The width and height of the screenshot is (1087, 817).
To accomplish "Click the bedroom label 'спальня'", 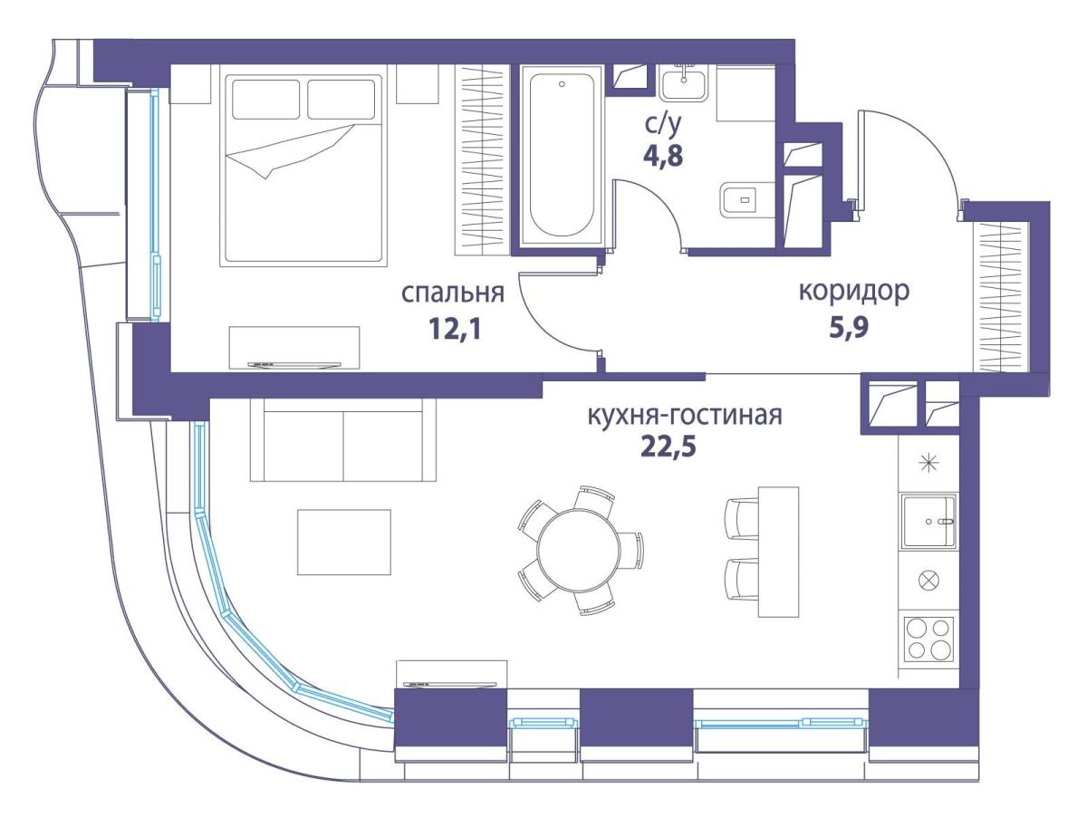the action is click(453, 293).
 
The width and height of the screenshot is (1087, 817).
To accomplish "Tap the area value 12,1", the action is click(455, 330).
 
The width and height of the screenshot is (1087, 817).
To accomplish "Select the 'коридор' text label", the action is click(854, 293).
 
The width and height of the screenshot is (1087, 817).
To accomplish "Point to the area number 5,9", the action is click(849, 327).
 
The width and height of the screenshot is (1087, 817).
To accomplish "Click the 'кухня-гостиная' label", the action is click(685, 415).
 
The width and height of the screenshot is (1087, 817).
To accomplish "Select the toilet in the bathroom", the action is click(747, 199).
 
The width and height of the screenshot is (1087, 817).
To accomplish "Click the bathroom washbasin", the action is click(683, 84).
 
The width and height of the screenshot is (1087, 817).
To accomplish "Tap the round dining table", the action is click(579, 550).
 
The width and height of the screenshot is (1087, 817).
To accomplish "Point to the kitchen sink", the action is click(928, 521).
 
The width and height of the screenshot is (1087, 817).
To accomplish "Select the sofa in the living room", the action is click(343, 439).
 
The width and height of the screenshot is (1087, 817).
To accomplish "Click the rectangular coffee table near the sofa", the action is click(343, 543).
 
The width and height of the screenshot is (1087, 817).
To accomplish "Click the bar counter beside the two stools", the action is click(778, 552).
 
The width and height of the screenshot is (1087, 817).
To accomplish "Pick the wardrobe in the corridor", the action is click(1000, 297).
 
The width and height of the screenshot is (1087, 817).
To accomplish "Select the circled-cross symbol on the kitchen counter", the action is click(928, 580).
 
